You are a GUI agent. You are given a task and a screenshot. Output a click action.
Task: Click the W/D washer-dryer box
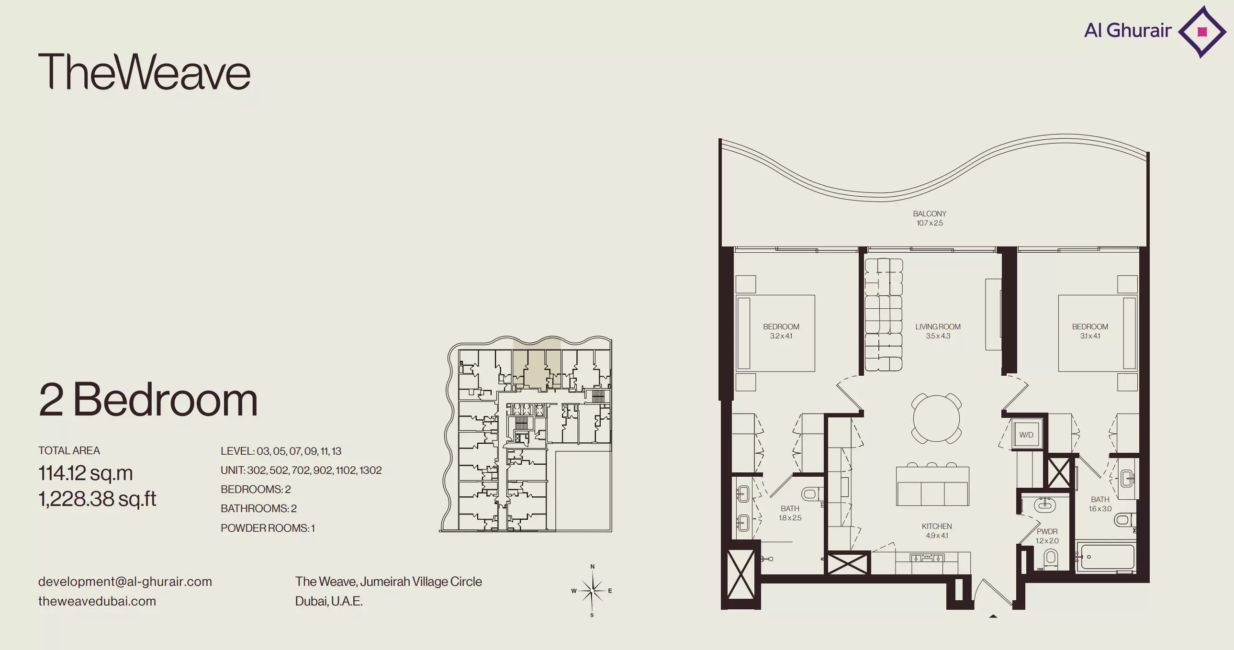(1026, 435)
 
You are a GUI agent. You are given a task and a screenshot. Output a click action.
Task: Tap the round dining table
(936, 418)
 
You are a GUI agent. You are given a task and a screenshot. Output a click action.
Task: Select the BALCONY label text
(930, 213)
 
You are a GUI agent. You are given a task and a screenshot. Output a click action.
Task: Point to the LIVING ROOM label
(938, 327)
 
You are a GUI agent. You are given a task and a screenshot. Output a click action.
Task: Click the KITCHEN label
(937, 526)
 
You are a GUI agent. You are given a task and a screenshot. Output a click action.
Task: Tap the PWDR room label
(1047, 531)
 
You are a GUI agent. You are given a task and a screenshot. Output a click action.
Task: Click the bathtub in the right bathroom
(1105, 557)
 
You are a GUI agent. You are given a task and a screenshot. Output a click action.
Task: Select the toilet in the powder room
(1051, 559)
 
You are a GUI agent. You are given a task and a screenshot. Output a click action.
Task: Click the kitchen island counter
(932, 486)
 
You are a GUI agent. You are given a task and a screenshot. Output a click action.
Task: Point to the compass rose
(593, 591)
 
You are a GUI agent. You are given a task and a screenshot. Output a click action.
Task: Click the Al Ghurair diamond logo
(1202, 32)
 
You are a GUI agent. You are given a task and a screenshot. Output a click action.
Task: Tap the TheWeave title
(144, 72)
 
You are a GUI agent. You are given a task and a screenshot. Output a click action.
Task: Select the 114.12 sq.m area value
(86, 473)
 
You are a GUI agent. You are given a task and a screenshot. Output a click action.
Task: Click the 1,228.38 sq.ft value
(97, 499)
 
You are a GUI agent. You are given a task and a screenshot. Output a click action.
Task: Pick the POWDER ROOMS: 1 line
(268, 528)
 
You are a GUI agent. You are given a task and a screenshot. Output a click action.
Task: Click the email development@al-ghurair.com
(125, 582)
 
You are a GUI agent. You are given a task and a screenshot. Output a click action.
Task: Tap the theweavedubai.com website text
(97, 601)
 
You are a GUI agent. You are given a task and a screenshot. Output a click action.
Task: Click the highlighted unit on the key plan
(537, 364)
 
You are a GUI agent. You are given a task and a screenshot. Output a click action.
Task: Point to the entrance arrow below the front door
(993, 616)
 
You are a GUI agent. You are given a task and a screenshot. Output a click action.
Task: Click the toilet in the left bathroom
(810, 493)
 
